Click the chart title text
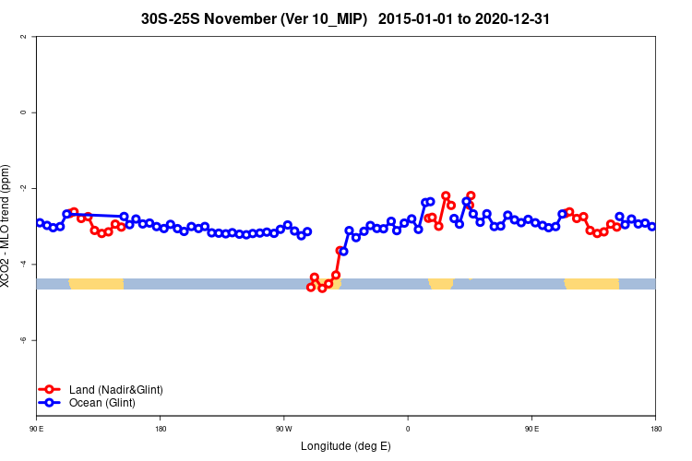coord(346,18)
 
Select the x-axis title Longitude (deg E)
coord(346,446)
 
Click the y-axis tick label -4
coord(22,264)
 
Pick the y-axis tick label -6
coord(22,339)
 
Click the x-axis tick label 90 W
coord(283,429)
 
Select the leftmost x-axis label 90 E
coord(36,429)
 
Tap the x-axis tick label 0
coord(408,429)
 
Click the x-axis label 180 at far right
coord(655,429)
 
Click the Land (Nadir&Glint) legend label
coord(116,389)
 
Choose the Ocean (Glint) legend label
coord(102,403)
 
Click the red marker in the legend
coord(50,389)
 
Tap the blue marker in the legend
coord(50,403)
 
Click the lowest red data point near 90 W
coord(322,289)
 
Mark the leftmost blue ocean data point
coord(40,222)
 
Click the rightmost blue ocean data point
coord(651,226)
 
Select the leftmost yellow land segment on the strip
coord(96,283)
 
